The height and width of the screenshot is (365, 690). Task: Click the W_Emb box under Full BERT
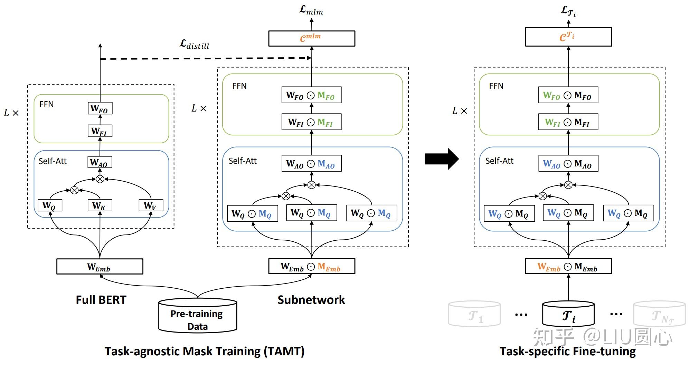click(x=100, y=267)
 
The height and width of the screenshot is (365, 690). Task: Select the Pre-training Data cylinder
click(x=197, y=316)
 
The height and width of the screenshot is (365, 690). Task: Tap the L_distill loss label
click(x=195, y=45)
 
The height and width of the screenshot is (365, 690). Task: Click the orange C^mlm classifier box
click(x=311, y=38)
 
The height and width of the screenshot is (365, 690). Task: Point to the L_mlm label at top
click(x=311, y=10)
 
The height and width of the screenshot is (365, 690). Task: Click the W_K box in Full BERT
click(x=100, y=205)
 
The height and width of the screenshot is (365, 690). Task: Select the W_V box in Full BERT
click(x=151, y=205)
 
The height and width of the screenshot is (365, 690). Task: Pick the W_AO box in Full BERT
click(x=100, y=162)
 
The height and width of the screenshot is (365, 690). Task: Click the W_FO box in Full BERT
click(x=100, y=108)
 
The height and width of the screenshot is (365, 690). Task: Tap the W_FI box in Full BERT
click(x=100, y=131)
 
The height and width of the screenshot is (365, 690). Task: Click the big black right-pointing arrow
click(x=442, y=159)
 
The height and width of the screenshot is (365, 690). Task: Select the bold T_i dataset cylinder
click(x=568, y=314)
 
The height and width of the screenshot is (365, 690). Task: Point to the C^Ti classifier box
click(x=568, y=37)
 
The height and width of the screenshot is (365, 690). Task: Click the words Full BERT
click(x=101, y=300)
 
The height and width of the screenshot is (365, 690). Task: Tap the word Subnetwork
click(x=311, y=300)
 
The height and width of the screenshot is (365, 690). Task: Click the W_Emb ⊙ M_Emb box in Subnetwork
click(x=311, y=267)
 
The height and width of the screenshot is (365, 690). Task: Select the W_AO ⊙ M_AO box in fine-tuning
click(x=568, y=164)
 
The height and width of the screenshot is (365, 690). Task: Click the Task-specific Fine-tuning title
click(x=567, y=352)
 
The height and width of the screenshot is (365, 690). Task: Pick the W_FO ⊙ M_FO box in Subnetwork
click(x=311, y=95)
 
